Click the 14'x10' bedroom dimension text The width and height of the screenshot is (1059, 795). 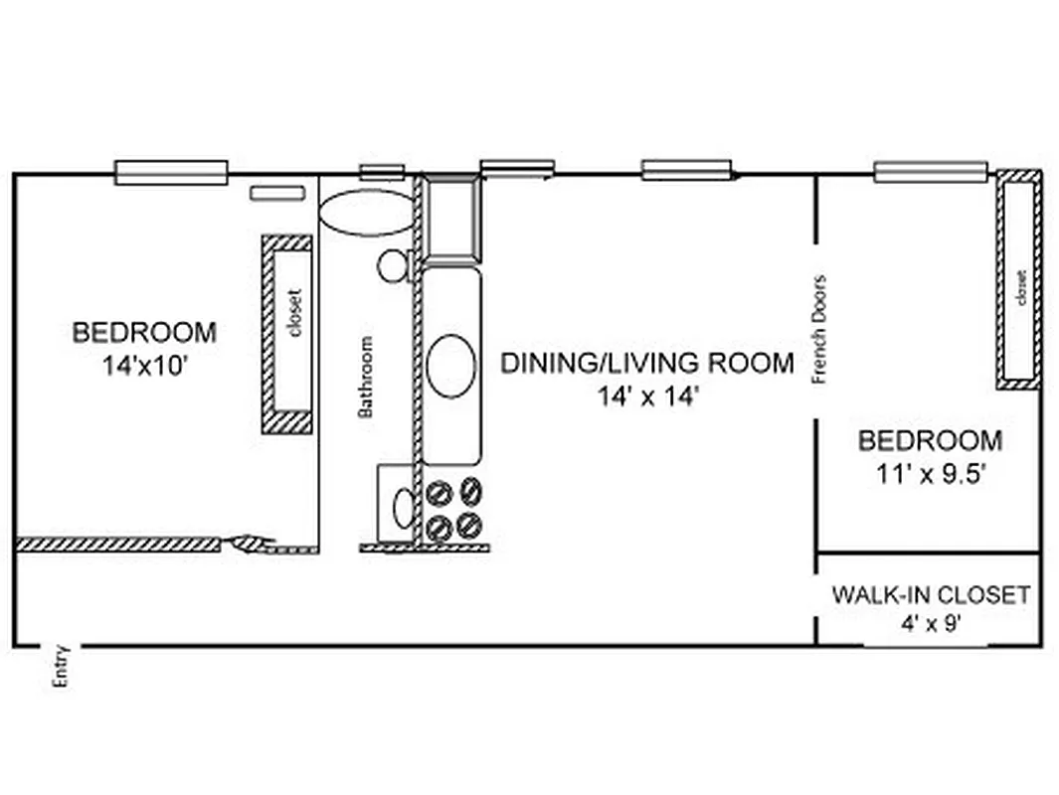[144, 365]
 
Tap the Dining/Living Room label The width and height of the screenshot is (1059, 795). [646, 363]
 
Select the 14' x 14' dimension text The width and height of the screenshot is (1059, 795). [648, 396]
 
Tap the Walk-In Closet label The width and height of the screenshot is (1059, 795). [930, 595]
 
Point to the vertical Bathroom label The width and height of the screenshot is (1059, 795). [366, 377]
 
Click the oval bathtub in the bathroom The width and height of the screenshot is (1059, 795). [366, 213]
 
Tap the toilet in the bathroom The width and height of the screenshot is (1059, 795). [394, 265]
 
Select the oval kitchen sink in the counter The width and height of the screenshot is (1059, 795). [451, 366]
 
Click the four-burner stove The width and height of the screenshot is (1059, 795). [453, 508]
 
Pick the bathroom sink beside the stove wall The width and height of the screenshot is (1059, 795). [404, 508]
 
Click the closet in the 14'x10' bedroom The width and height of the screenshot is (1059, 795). [287, 334]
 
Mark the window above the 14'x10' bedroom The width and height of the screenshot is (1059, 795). [171, 173]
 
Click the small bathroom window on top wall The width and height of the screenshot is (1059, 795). [382, 172]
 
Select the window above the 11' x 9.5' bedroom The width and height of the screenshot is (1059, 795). [931, 172]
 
